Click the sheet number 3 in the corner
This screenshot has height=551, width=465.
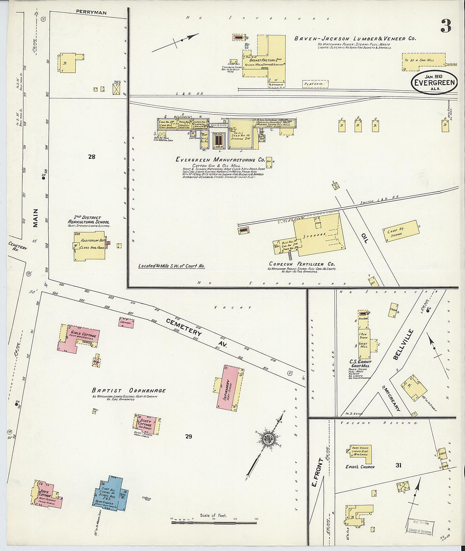click(x=446, y=26)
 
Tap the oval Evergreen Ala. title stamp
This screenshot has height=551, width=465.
click(x=434, y=82)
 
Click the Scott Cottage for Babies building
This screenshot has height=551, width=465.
click(x=145, y=425)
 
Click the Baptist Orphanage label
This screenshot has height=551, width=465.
click(x=129, y=391)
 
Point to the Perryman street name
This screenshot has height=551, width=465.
click(x=91, y=13)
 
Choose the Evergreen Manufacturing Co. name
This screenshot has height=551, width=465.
click(x=220, y=160)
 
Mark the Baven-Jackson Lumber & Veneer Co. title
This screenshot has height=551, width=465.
click(x=355, y=38)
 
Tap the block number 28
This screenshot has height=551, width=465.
click(x=92, y=157)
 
